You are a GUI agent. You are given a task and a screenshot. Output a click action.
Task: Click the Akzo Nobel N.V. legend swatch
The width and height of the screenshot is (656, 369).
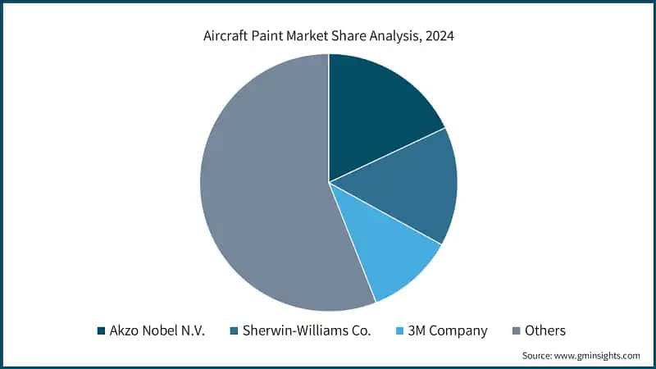pos(102,330)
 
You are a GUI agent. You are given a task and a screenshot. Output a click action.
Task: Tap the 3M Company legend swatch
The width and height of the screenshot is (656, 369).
pos(401,330)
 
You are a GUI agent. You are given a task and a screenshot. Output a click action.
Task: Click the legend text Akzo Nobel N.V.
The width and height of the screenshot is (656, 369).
pos(157,330)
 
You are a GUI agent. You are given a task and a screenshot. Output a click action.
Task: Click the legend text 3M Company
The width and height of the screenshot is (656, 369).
pos(449,330)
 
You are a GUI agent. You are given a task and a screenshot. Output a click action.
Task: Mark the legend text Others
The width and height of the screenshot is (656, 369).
pos(545,330)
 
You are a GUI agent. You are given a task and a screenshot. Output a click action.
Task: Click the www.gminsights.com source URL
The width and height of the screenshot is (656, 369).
pos(599,356)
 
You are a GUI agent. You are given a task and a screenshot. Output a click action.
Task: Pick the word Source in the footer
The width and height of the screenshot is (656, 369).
pos(538,356)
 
